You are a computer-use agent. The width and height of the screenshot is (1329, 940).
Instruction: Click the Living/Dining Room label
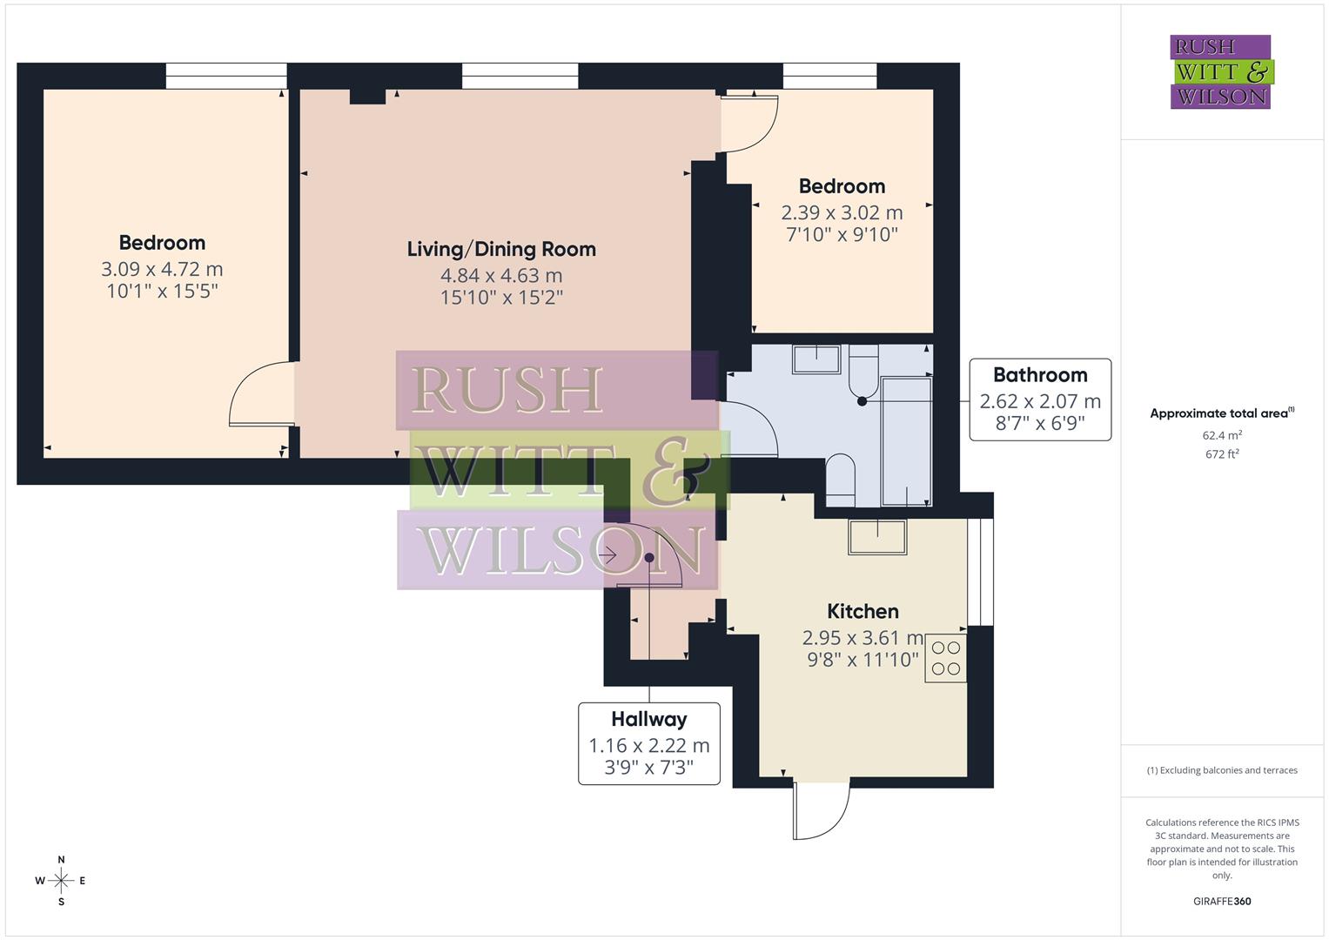coord(501,250)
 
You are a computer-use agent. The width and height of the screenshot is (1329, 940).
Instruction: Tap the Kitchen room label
coord(863,612)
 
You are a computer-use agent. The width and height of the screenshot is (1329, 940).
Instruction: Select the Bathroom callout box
coord(1040,399)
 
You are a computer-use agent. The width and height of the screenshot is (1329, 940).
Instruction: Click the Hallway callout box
coord(649,743)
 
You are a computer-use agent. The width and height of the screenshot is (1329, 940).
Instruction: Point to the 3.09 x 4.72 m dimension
coord(162,270)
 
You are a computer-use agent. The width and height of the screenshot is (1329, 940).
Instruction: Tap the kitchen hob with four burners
coord(946,658)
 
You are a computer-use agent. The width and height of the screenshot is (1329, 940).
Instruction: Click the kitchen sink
coord(877,536)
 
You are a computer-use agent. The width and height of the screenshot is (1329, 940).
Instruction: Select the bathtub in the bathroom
coord(907,440)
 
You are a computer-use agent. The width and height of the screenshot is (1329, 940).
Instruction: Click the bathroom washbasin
coord(816,359)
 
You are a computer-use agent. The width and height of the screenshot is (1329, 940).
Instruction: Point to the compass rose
coord(61,881)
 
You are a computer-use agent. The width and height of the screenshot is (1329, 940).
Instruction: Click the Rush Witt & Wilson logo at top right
coord(1221,72)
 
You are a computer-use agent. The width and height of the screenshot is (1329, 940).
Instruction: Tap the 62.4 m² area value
coord(1222,435)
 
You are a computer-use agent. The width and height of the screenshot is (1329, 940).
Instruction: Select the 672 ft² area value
coord(1222,454)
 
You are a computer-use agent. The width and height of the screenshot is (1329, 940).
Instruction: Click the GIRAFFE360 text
coord(1222,902)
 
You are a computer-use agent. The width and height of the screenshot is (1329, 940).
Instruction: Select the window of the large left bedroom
coord(226,76)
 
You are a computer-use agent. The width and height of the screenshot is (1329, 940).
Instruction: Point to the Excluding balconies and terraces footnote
coord(1222,770)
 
